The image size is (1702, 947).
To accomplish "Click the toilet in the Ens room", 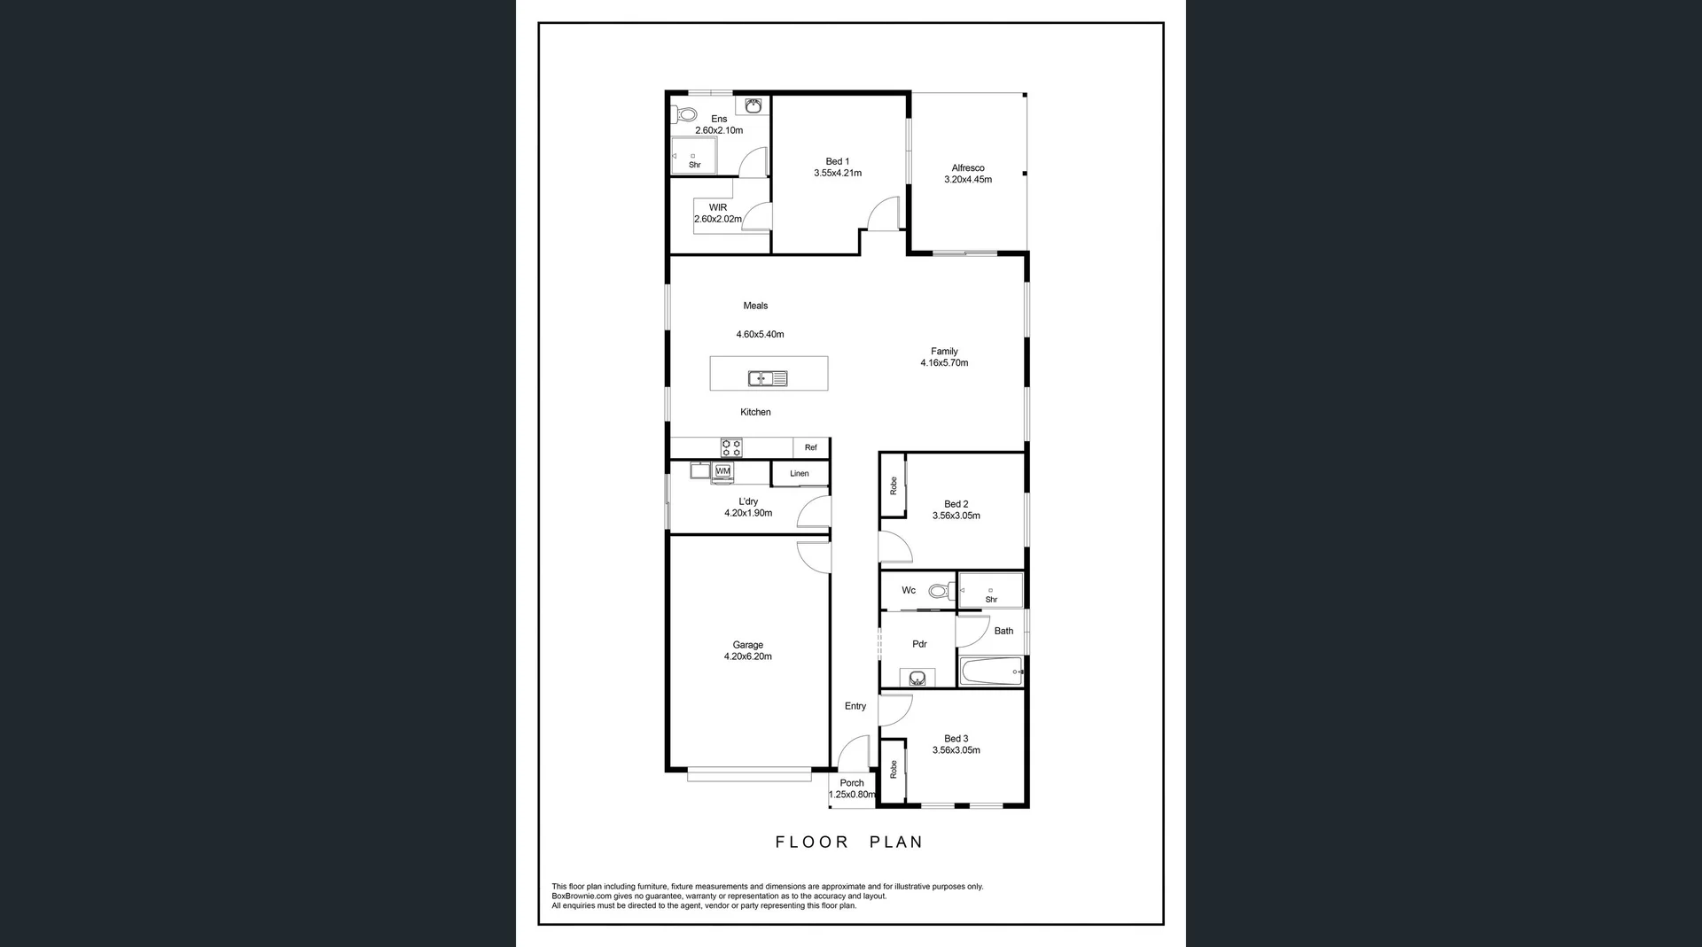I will (685, 114).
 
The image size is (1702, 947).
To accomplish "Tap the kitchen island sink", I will (768, 378).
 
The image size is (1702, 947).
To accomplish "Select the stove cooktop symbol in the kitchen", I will (731, 447).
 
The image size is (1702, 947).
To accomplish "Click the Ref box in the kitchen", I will (811, 447).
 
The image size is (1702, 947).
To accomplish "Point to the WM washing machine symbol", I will (723, 470).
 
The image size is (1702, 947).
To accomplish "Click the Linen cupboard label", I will (800, 474).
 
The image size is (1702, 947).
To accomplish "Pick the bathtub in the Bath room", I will (991, 671).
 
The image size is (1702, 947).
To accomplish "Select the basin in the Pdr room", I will (917, 679).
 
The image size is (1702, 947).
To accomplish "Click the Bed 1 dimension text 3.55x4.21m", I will (838, 174).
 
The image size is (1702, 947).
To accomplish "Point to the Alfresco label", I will (968, 167).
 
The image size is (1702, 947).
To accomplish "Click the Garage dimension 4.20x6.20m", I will (748, 657).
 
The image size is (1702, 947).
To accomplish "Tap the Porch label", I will (852, 783).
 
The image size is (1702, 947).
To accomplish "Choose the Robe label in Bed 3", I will (894, 769).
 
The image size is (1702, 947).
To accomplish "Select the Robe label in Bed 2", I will (894, 485).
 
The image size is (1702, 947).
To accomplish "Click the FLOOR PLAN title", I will (849, 842).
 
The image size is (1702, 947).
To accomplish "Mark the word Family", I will (944, 352).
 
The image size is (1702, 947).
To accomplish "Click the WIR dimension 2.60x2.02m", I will (718, 219).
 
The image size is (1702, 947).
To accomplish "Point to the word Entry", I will (855, 706).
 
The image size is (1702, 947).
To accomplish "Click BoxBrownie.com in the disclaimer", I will (581, 897).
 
